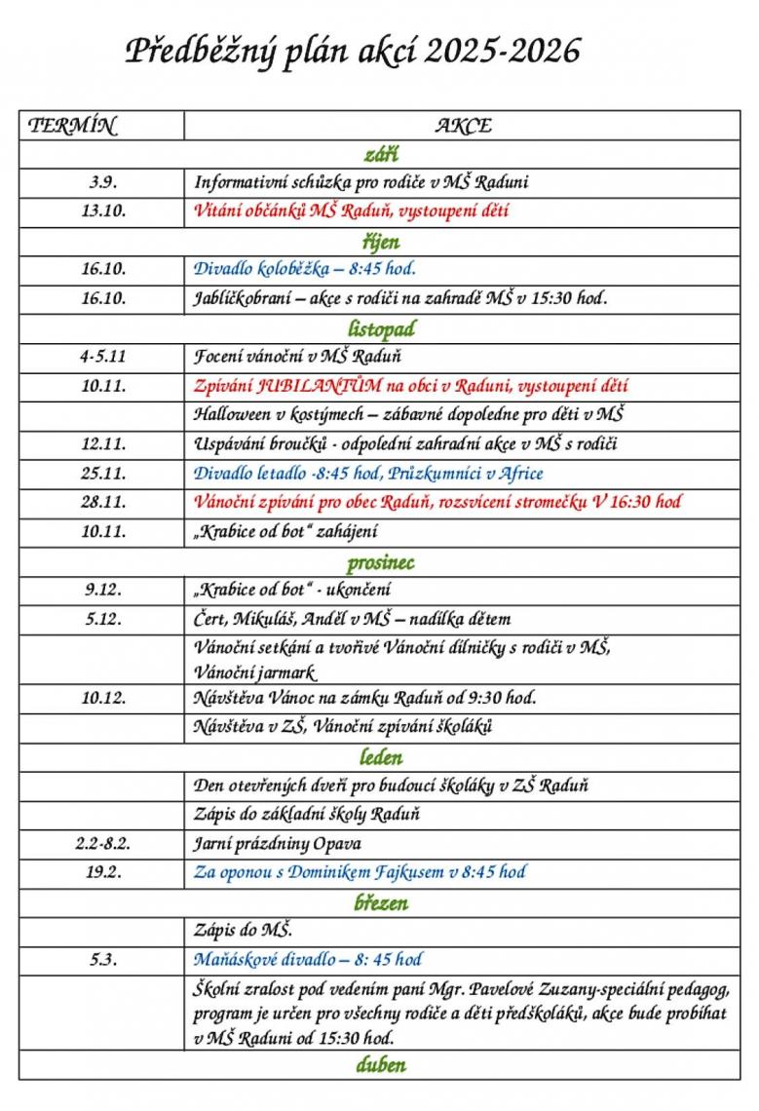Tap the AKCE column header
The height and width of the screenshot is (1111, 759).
point(463,126)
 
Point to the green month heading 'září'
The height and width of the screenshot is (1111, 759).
point(380,154)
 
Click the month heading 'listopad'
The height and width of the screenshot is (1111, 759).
point(381,329)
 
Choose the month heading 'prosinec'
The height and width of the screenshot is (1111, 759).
point(380,562)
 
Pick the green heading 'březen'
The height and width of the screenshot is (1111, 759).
point(380,902)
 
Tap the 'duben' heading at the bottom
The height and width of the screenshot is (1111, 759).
point(380,1064)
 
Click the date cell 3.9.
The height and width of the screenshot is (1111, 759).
point(103,182)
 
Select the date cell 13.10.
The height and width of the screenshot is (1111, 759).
point(103,211)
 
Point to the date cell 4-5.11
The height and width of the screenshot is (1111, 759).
point(103,357)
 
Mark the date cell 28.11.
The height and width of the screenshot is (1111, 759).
point(103,502)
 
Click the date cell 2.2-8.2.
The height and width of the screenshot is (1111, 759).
point(103,843)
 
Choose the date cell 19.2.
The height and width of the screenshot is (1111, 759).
point(103,872)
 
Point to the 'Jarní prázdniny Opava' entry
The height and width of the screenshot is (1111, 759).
point(277,843)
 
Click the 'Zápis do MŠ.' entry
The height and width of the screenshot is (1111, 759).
point(244,931)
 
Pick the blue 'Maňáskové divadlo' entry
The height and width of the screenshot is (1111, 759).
point(259,960)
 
